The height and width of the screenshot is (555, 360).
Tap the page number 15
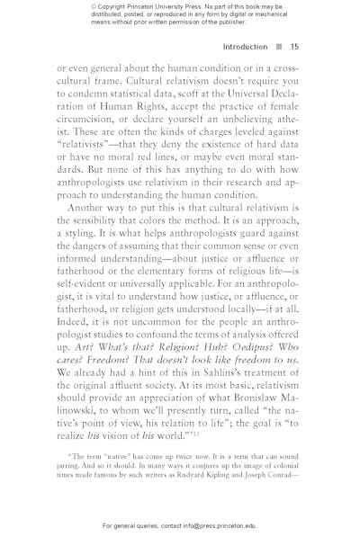coord(295,47)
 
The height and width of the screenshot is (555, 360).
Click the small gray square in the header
coord(279,47)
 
